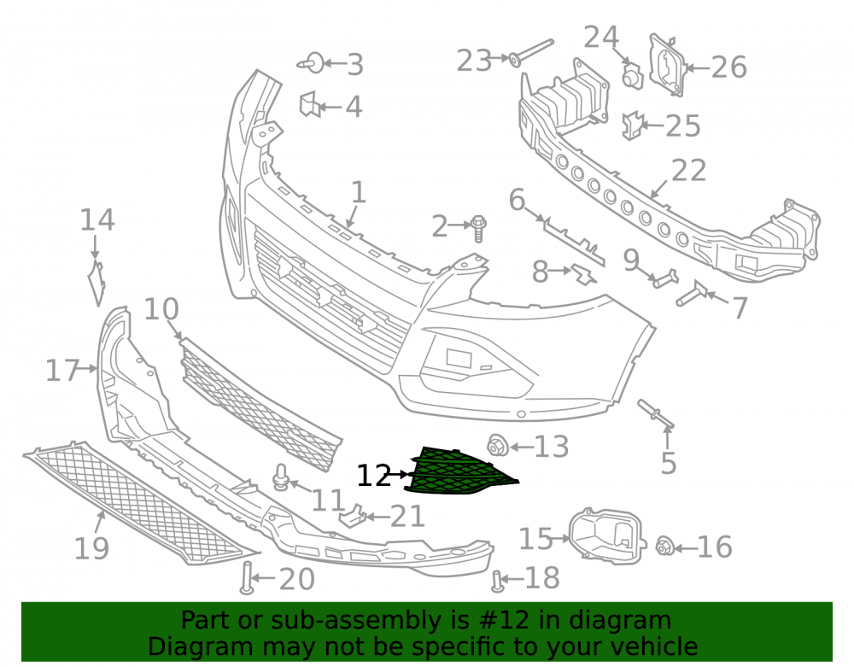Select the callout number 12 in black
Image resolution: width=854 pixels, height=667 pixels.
[374, 476]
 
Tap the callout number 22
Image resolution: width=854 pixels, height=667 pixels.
[689, 171]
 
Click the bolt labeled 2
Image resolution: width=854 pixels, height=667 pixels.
[479, 228]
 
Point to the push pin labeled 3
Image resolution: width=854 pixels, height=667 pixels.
[311, 63]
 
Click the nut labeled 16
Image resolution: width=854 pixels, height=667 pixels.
[664, 546]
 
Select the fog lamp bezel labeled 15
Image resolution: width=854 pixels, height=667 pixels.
[606, 535]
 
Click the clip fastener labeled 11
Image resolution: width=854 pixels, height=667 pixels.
[281, 477]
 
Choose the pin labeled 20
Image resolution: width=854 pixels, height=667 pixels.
[247, 577]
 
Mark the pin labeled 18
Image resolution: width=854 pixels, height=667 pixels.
[497, 581]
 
